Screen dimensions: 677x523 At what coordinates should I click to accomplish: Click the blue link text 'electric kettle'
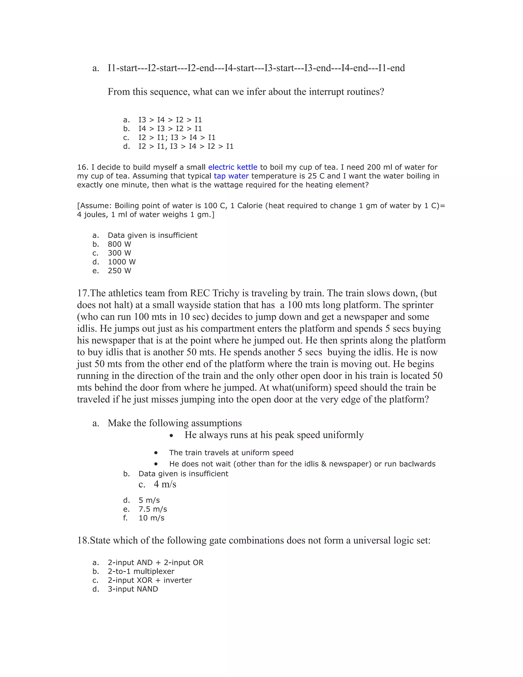click(x=232, y=167)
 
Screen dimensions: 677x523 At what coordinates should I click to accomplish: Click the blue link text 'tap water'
click(x=231, y=176)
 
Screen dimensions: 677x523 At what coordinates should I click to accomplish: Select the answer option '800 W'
click(x=119, y=244)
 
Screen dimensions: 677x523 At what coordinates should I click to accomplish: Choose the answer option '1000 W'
click(x=122, y=262)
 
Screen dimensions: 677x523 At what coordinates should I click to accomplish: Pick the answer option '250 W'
click(x=119, y=271)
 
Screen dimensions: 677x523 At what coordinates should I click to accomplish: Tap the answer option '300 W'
click(x=119, y=253)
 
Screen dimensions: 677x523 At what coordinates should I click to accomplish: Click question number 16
click(x=82, y=167)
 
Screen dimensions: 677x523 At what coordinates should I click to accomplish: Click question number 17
click(x=83, y=293)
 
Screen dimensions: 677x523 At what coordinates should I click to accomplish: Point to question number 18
click(x=83, y=541)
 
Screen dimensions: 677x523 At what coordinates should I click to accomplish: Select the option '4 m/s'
click(x=165, y=484)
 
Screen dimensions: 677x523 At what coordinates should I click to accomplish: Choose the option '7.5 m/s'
click(x=152, y=509)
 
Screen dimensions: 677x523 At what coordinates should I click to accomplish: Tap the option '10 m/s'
click(x=151, y=518)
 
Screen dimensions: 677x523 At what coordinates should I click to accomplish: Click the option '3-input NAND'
click(x=133, y=589)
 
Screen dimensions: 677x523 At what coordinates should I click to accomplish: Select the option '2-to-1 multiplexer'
click(x=141, y=571)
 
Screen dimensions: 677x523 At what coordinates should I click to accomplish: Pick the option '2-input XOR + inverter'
click(x=150, y=580)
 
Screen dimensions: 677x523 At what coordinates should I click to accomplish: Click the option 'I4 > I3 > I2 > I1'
click(x=170, y=129)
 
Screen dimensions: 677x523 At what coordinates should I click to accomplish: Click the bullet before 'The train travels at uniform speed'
click(x=156, y=453)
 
